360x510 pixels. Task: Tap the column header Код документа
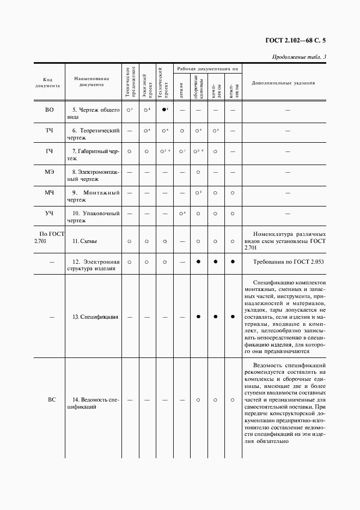[x=49, y=82]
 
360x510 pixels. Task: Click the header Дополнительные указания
[x=287, y=83]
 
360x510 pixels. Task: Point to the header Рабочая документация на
[x=208, y=69]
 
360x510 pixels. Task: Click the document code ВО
[x=49, y=110]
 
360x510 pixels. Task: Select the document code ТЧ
[x=49, y=131]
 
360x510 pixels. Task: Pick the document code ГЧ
[x=49, y=151]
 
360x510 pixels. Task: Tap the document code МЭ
[x=49, y=172]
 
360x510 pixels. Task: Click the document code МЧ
[x=49, y=192]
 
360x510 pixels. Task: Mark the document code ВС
[x=51, y=400]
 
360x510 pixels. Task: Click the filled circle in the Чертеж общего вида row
[x=164, y=110]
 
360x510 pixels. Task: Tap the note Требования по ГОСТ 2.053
[x=289, y=262]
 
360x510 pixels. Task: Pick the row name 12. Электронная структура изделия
[x=94, y=265]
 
